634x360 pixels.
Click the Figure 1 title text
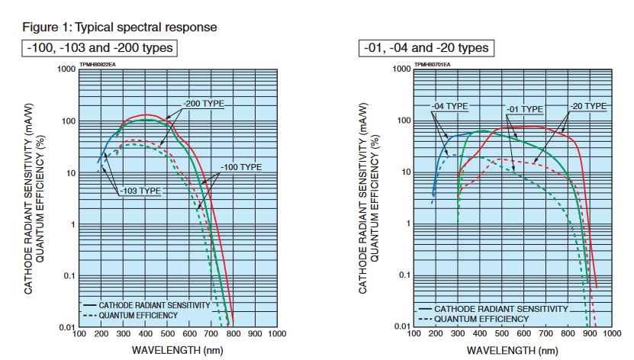pyautogui.click(x=120, y=27)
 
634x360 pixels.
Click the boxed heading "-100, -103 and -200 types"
pyautogui.click(x=100, y=48)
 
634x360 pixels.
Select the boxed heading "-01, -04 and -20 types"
pyautogui.click(x=426, y=48)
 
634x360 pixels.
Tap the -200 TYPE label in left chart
pyautogui.click(x=203, y=103)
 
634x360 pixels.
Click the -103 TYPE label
pyautogui.click(x=141, y=191)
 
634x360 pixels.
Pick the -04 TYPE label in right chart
pyautogui.click(x=450, y=105)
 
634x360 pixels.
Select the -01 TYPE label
pyautogui.click(x=525, y=110)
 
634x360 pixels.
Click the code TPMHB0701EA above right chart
pyautogui.click(x=431, y=65)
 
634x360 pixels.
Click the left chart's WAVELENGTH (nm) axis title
pyautogui.click(x=176, y=350)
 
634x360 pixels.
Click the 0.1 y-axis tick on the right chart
pyautogui.click(x=402, y=275)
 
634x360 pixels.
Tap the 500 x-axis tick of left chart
pyautogui.click(x=167, y=334)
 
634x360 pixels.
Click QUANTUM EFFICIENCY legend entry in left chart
pyautogui.click(x=138, y=315)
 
